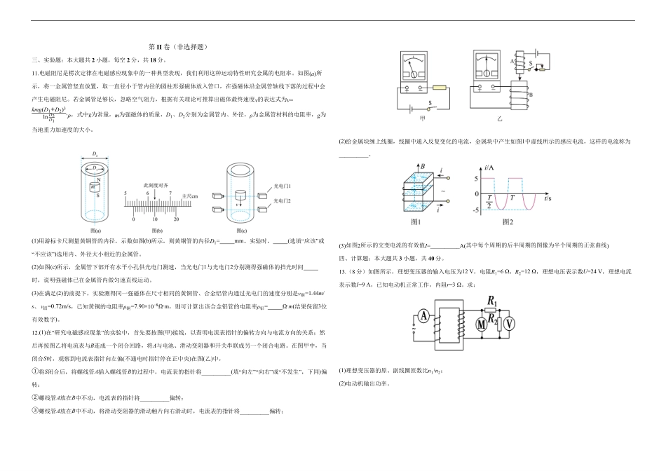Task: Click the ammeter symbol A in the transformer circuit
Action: point(425,316)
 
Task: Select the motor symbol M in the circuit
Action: point(482,324)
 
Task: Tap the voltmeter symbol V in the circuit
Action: point(510,323)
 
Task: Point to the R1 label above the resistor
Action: point(491,302)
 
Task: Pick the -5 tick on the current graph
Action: point(476,209)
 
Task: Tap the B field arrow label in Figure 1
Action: point(423,167)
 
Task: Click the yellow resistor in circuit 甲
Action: point(440,88)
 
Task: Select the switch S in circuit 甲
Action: point(429,106)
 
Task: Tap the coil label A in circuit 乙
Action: point(513,61)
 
